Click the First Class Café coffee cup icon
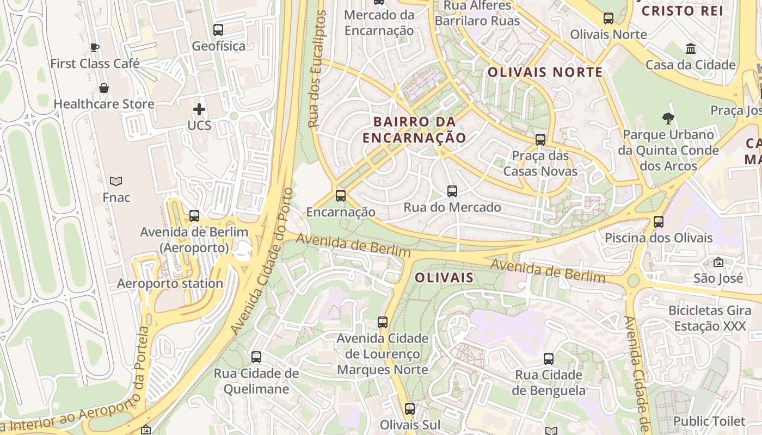point(95,47)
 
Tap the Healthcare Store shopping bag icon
point(104,88)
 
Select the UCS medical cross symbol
point(199,109)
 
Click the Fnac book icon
point(116,181)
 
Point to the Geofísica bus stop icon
point(218,30)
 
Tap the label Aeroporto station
point(170,283)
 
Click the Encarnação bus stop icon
point(341,196)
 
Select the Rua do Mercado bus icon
point(452,191)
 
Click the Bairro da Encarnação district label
point(415,129)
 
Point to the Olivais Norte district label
point(545,72)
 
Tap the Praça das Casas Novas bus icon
point(540,140)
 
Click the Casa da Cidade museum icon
point(691,49)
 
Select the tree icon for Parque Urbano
point(668,118)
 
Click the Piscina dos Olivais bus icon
point(659,222)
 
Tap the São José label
point(718,278)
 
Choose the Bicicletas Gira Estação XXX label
point(710,318)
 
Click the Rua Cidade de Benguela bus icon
point(549,359)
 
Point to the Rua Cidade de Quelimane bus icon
point(256,357)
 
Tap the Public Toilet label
point(709,421)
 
